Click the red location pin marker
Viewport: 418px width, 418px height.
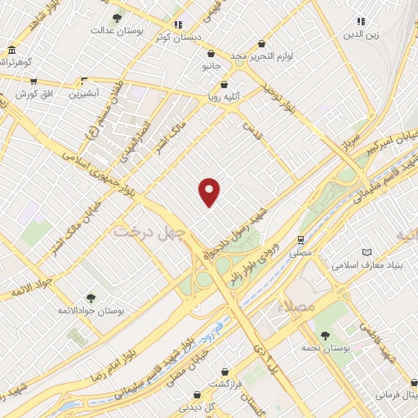click(x=210, y=192)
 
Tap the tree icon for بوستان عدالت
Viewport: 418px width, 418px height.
click(x=117, y=17)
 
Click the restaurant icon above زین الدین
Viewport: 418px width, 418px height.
click(x=360, y=21)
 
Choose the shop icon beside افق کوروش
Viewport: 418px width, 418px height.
click(x=33, y=81)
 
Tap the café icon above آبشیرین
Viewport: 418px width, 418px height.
click(x=83, y=81)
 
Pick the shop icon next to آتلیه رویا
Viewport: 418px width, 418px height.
click(x=235, y=83)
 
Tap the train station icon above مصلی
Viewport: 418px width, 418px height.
click(x=302, y=240)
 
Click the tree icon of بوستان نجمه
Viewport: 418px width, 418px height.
click(x=324, y=335)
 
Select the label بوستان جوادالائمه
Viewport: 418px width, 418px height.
click(x=91, y=311)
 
